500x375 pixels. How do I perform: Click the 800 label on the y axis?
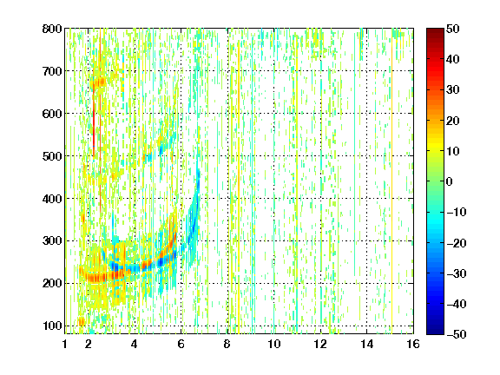click(x=52, y=29)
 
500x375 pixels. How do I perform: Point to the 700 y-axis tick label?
click(x=52, y=71)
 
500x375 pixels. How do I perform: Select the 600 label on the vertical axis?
click(x=52, y=114)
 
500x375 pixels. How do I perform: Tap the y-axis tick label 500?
click(x=52, y=156)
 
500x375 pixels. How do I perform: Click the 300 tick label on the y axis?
click(x=52, y=241)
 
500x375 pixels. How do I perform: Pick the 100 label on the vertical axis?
click(x=52, y=326)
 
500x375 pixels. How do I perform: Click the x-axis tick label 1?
click(x=65, y=344)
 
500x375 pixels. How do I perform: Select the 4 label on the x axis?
click(x=135, y=344)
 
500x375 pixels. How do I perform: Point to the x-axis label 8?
click(x=227, y=344)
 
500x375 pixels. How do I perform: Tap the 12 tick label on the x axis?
click(x=320, y=344)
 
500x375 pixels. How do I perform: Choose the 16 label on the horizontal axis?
click(x=413, y=344)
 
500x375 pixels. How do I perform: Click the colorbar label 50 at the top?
click(x=452, y=29)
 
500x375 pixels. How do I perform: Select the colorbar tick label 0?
click(x=450, y=181)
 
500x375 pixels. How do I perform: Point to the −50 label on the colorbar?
click(x=457, y=334)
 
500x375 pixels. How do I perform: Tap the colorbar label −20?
click(x=457, y=243)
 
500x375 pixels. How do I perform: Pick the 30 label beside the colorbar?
click(x=452, y=90)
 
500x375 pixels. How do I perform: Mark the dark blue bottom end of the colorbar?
click(x=435, y=332)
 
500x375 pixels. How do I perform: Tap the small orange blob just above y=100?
click(x=82, y=321)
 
